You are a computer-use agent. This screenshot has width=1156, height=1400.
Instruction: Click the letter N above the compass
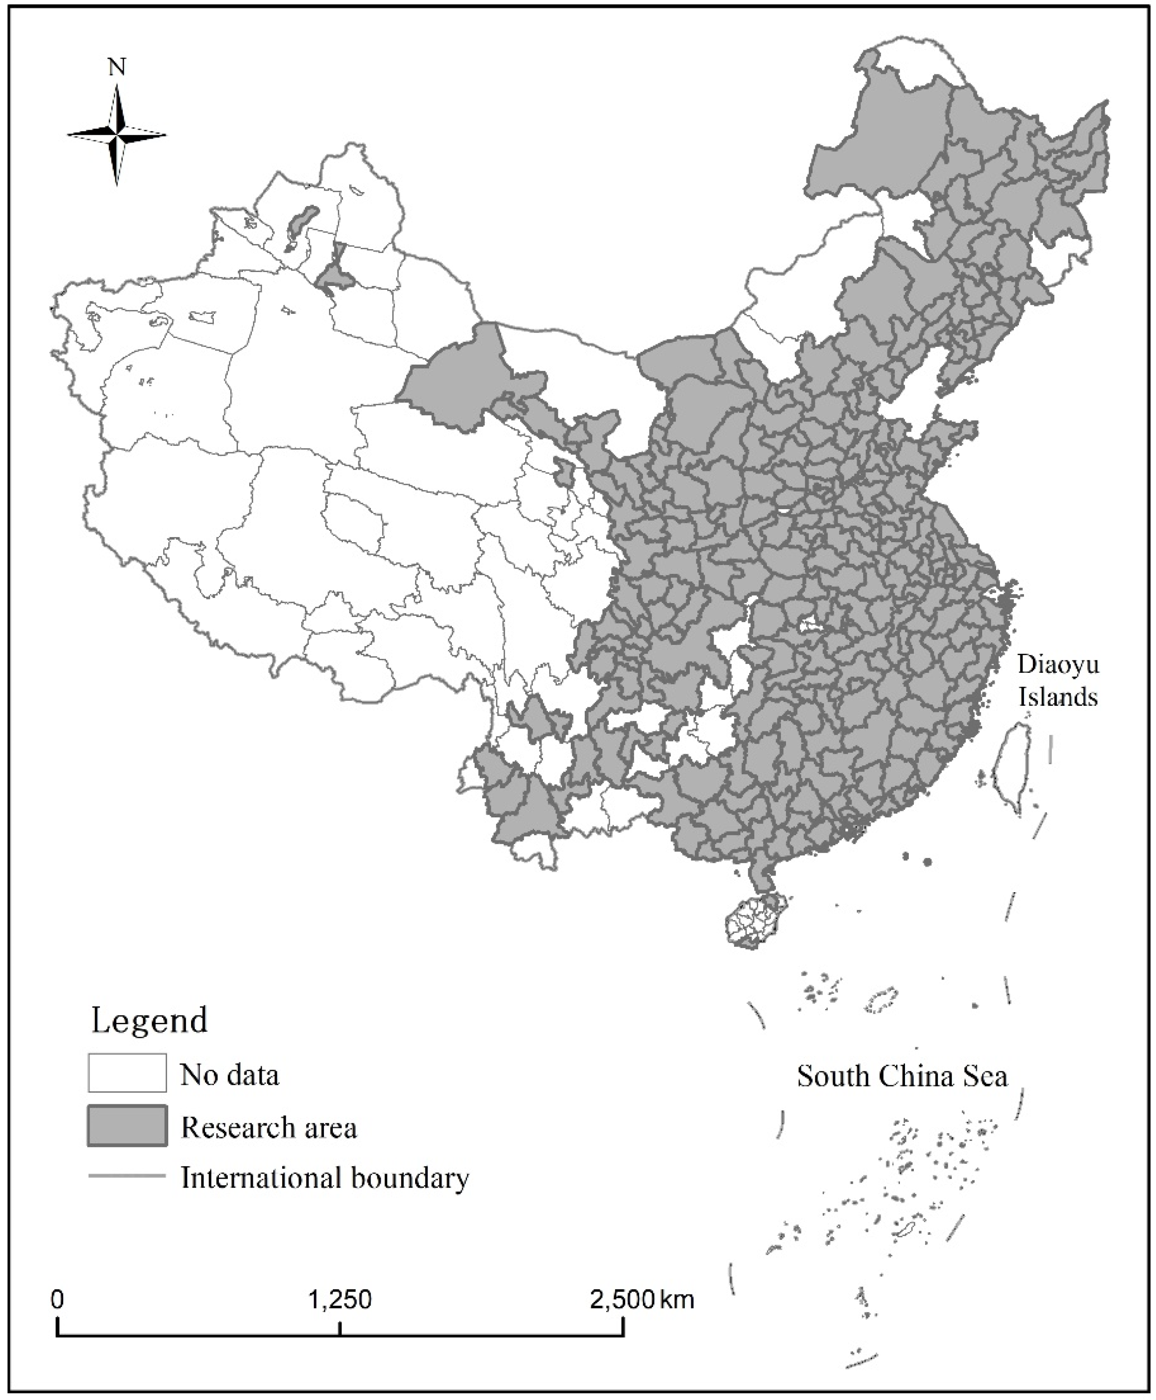pos(117,67)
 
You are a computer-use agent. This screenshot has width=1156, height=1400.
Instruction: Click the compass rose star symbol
pos(117,135)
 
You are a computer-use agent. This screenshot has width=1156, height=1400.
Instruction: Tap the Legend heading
pos(149,1021)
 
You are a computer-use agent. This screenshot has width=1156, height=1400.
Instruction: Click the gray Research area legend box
pos(127,1126)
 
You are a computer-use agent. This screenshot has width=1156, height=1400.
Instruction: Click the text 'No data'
pos(230,1075)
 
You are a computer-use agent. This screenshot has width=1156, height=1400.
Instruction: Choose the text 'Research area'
pos(269,1127)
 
